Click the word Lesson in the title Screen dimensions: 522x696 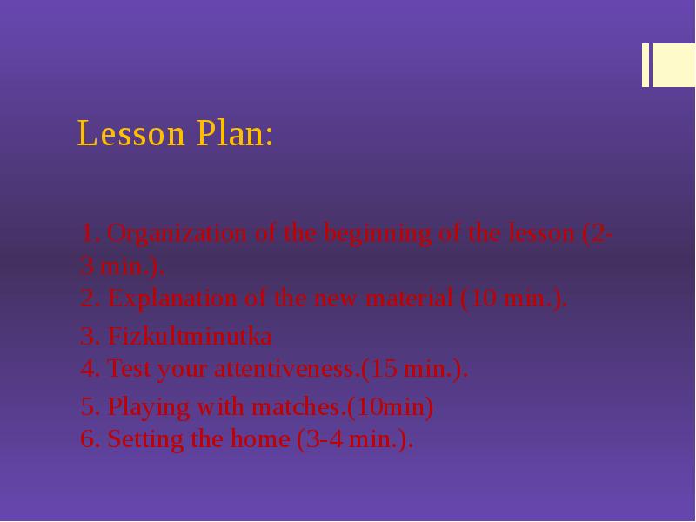tap(131, 134)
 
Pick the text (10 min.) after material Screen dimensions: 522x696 tap(513, 298)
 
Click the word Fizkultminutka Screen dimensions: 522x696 tap(189, 336)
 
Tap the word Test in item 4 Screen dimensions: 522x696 tap(124, 369)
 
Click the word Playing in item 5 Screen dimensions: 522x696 tap(149, 406)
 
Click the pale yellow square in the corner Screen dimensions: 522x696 tap(673, 65)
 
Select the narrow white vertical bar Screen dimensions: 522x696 tap(646, 65)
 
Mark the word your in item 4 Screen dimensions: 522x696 tap(181, 369)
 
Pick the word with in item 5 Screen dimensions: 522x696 tap(221, 406)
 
